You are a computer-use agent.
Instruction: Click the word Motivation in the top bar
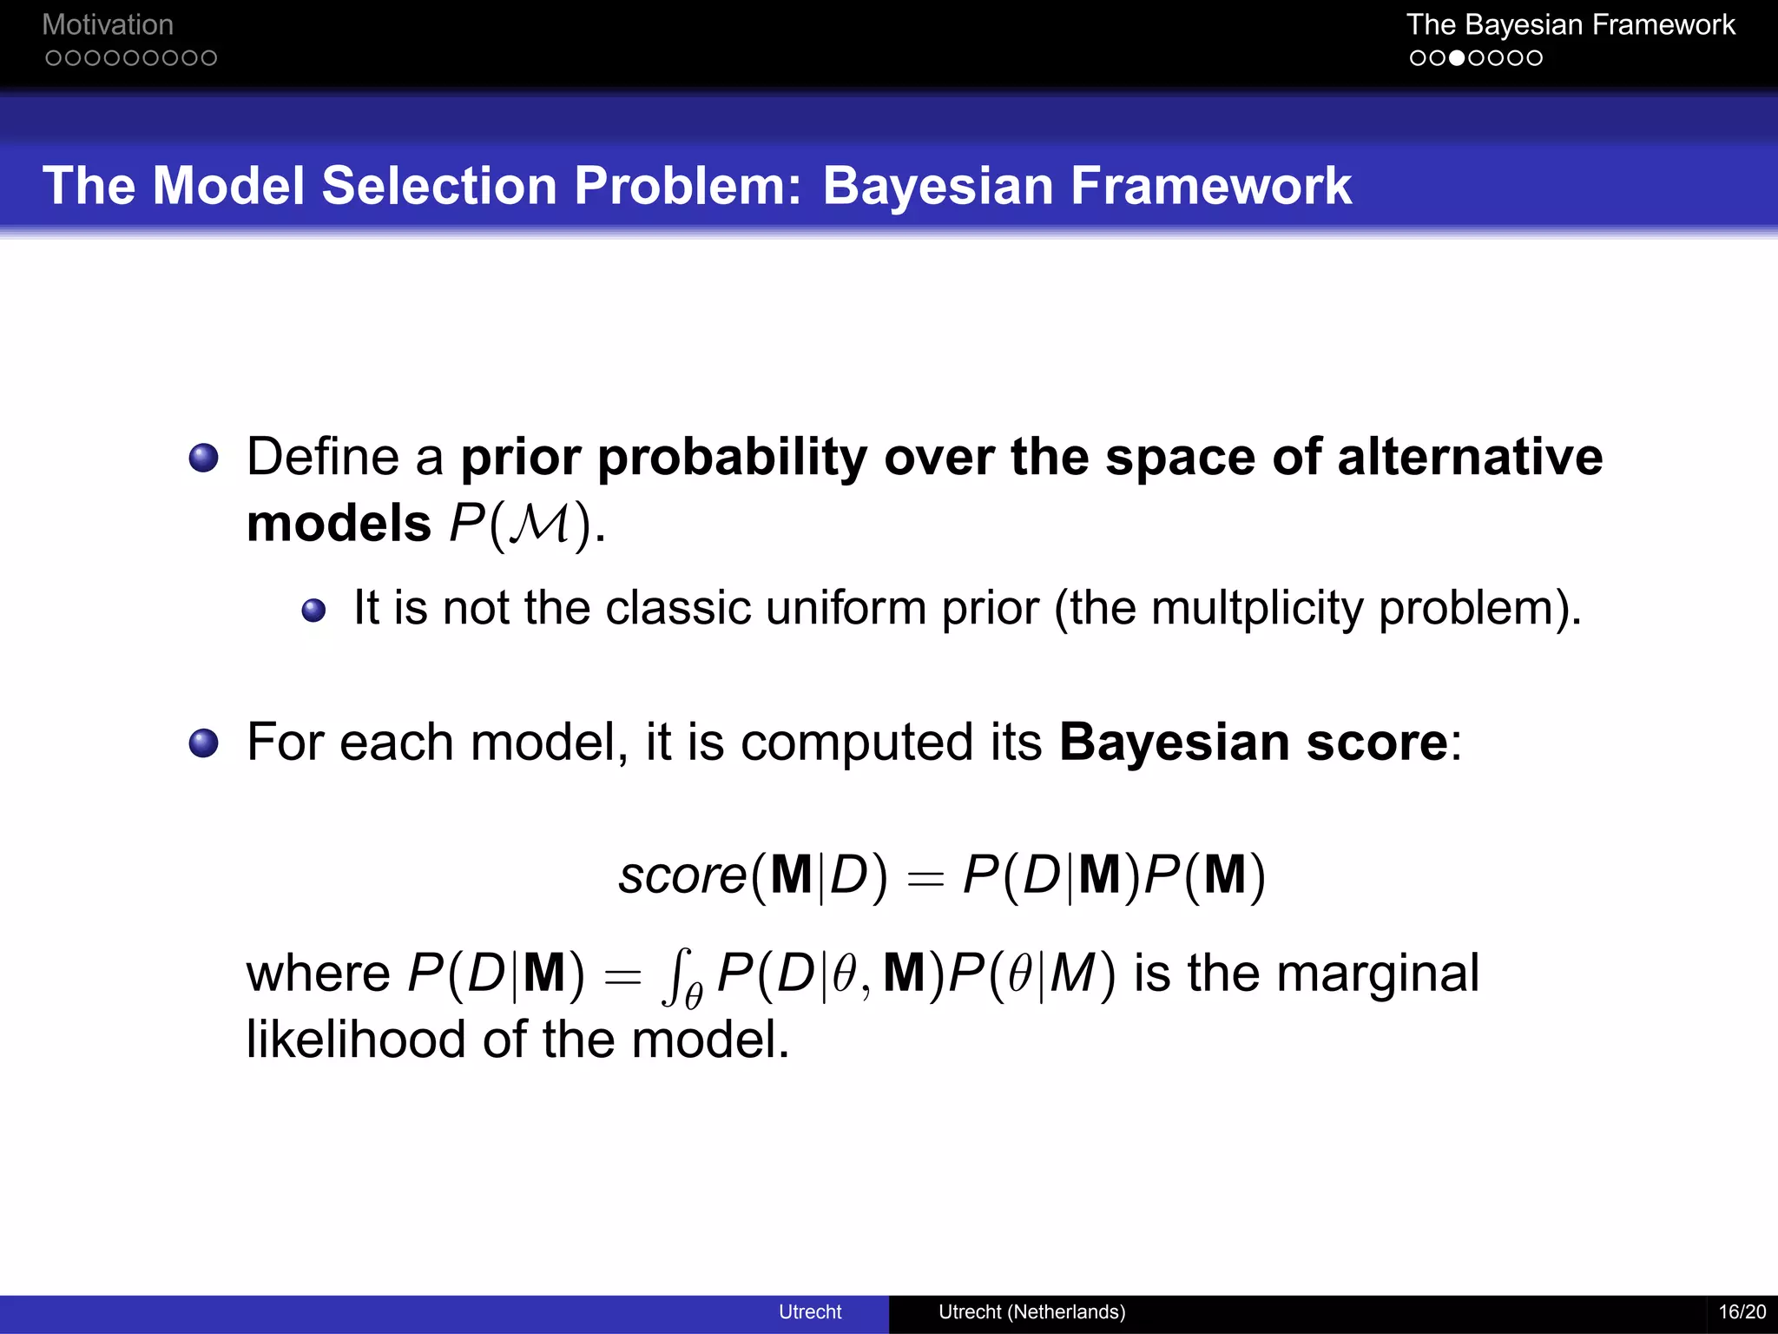tap(108, 24)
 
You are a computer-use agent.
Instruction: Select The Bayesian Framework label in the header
tap(1570, 24)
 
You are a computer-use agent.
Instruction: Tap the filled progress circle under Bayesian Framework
tap(1457, 58)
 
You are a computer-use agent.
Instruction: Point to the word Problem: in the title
tap(688, 186)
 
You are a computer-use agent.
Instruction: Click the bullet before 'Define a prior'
tap(203, 458)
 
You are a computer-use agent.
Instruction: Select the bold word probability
tap(732, 458)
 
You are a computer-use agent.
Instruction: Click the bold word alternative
tap(1469, 458)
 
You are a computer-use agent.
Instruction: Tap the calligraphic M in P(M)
tap(540, 524)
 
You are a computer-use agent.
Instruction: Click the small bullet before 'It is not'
tap(313, 611)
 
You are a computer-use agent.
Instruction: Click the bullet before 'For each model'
tap(203, 743)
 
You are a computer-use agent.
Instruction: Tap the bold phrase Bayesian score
tap(1253, 743)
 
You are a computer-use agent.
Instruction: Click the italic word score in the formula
tap(682, 875)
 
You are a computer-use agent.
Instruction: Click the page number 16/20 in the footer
tap(1742, 1311)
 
